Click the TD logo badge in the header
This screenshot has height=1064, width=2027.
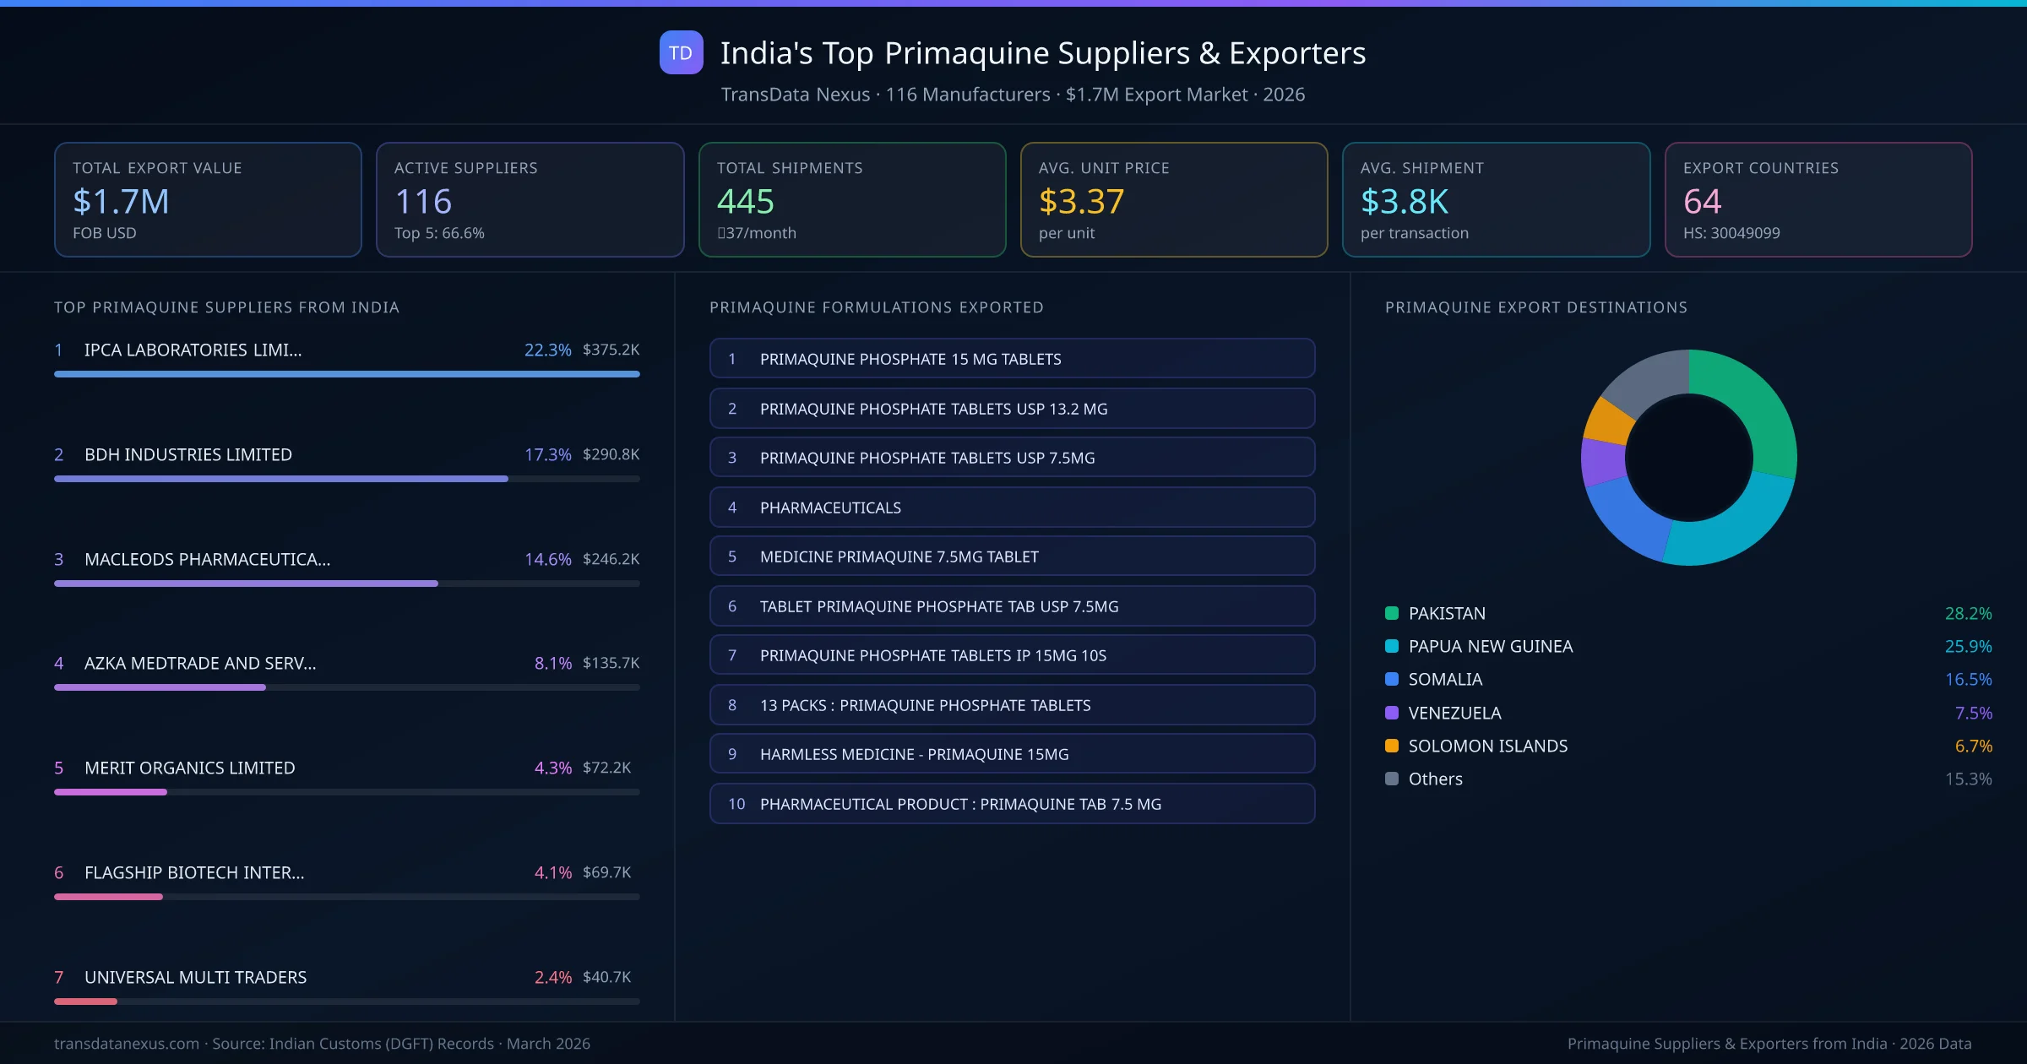(x=681, y=53)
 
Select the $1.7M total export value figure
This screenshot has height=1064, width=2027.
(x=121, y=202)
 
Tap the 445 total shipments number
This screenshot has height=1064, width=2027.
(x=745, y=202)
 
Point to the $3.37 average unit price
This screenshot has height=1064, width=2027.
(x=1081, y=202)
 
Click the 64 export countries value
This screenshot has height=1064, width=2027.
(x=1702, y=202)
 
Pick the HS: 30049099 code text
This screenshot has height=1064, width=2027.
(x=1731, y=233)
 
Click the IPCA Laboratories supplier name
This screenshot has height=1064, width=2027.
(x=193, y=350)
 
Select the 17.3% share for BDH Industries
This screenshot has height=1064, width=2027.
(x=547, y=454)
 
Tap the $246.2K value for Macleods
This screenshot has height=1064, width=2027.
(x=611, y=559)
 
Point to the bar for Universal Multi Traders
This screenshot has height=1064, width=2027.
(x=85, y=1002)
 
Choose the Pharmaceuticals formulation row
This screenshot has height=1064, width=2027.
(x=1012, y=508)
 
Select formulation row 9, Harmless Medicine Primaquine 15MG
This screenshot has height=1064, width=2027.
(x=1012, y=754)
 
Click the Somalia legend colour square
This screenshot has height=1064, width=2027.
(x=1392, y=679)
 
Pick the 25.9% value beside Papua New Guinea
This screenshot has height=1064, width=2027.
(x=1968, y=646)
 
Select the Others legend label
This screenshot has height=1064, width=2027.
(x=1435, y=779)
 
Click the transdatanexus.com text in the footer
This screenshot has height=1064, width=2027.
(x=127, y=1044)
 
